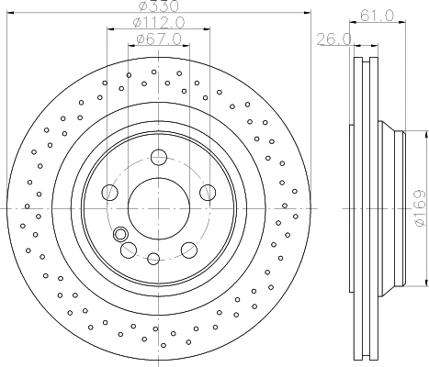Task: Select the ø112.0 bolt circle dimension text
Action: coord(157,23)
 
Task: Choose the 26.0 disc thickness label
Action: coord(329,39)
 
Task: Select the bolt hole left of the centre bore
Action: coord(110,192)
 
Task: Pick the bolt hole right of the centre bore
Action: coord(206,192)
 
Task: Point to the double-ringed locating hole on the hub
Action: coord(120,232)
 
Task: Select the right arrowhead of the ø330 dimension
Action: coord(304,13)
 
